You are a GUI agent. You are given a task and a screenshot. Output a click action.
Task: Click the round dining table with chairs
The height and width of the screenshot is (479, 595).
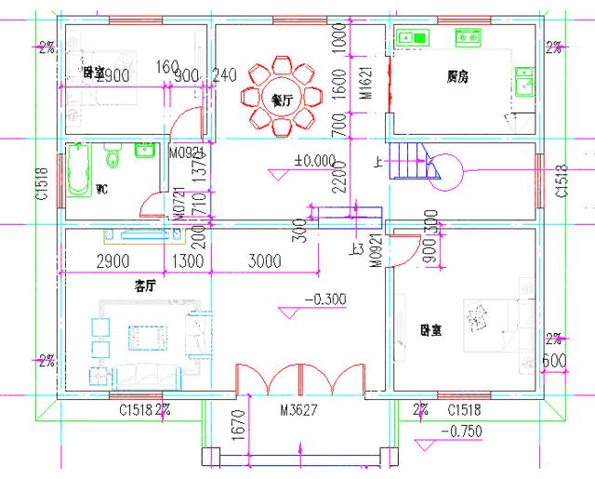click(280, 96)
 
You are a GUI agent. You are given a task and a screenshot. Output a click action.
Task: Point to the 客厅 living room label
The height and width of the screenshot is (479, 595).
click(144, 286)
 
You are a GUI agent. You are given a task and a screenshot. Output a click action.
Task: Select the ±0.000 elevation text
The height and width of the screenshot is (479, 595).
click(314, 161)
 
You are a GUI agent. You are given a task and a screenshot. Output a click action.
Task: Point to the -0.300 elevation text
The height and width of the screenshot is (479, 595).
click(326, 299)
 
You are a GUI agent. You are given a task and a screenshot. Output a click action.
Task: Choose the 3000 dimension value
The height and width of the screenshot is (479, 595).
click(265, 263)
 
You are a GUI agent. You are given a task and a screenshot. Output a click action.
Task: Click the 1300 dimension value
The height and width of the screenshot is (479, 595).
click(188, 263)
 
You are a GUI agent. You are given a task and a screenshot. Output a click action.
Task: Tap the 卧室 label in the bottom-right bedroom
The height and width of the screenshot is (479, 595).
click(430, 329)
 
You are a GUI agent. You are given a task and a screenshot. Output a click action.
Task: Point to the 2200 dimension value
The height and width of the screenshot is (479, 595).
click(341, 175)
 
